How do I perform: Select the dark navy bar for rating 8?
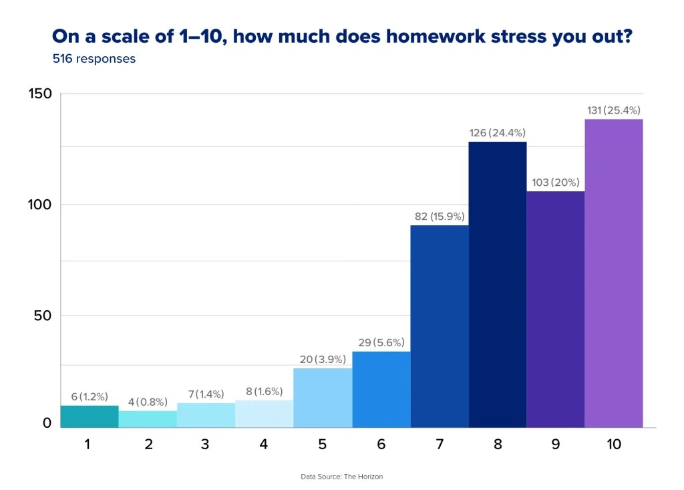[498, 284]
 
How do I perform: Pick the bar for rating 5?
[323, 397]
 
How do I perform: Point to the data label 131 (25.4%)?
[613, 110]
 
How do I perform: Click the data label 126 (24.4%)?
[498, 133]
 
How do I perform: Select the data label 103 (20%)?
[555, 182]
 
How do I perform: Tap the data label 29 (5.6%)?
[381, 342]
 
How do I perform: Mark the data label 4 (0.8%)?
[148, 402]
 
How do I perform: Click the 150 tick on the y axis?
[40, 94]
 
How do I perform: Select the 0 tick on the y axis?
[47, 422]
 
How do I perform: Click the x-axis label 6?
[381, 445]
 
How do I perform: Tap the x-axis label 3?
[206, 445]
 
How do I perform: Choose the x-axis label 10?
[613, 445]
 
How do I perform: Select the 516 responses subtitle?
[94, 59]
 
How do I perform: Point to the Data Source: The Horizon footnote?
[341, 477]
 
